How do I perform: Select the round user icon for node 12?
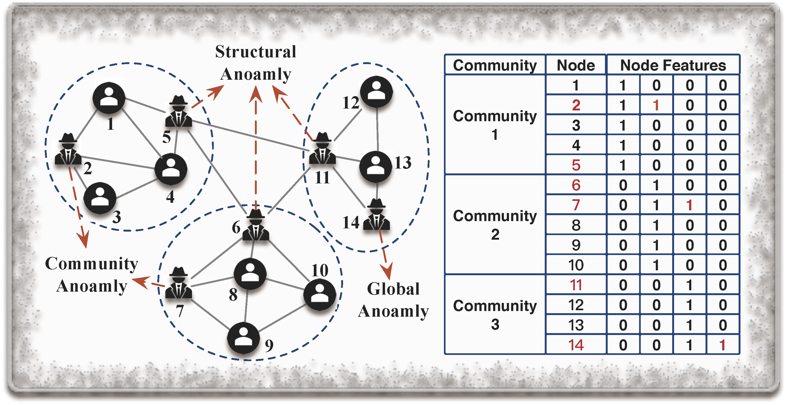click(x=376, y=92)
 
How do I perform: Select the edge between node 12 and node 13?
click(x=377, y=130)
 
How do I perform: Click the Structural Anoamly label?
click(x=256, y=63)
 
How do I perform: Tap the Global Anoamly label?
click(x=393, y=300)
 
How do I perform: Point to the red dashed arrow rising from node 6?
click(x=256, y=147)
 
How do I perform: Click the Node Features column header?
click(x=673, y=65)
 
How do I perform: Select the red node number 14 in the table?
click(x=576, y=345)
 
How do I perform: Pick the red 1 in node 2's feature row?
click(x=656, y=105)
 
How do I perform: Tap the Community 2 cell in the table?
click(x=495, y=225)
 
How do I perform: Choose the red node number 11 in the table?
click(x=576, y=285)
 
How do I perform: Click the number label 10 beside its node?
click(x=320, y=270)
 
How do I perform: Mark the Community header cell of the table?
click(x=495, y=65)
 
